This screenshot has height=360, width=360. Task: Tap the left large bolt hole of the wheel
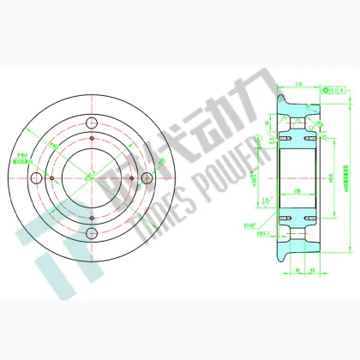(x=35, y=178)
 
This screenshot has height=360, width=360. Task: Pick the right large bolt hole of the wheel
(x=147, y=177)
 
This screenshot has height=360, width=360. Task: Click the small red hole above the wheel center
(x=91, y=137)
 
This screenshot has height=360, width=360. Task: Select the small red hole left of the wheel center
(x=51, y=178)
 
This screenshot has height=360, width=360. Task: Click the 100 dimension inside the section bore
(x=297, y=189)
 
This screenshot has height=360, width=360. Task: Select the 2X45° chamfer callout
(x=250, y=226)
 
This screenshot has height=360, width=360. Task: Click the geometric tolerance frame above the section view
(x=335, y=87)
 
